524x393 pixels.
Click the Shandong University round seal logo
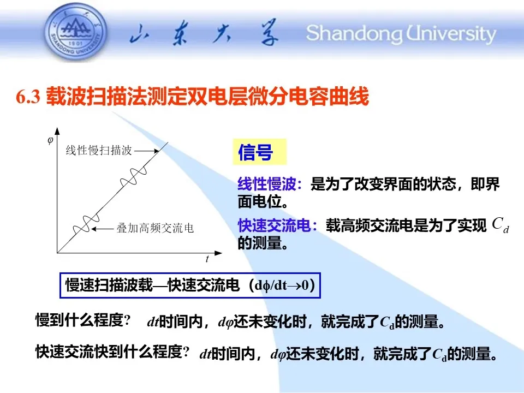pyautogui.click(x=76, y=32)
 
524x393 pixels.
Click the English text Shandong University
pyautogui.click(x=401, y=33)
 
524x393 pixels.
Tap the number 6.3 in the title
pyautogui.click(x=28, y=97)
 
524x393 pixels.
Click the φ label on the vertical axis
pyautogui.click(x=50, y=140)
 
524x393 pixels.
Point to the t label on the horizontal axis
pyautogui.click(x=207, y=259)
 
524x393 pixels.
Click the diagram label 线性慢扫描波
pyautogui.click(x=99, y=151)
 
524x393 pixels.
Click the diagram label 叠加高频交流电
pyautogui.click(x=155, y=228)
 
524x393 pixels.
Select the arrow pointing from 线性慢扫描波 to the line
pyautogui.click(x=147, y=151)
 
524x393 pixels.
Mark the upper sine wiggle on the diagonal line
pyautogui.click(x=133, y=177)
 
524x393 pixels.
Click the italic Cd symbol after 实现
pyautogui.click(x=501, y=224)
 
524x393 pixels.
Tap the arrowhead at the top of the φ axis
pyautogui.click(x=57, y=130)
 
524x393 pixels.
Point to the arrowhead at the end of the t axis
pyautogui.click(x=218, y=253)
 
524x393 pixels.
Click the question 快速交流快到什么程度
pyautogui.click(x=112, y=352)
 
